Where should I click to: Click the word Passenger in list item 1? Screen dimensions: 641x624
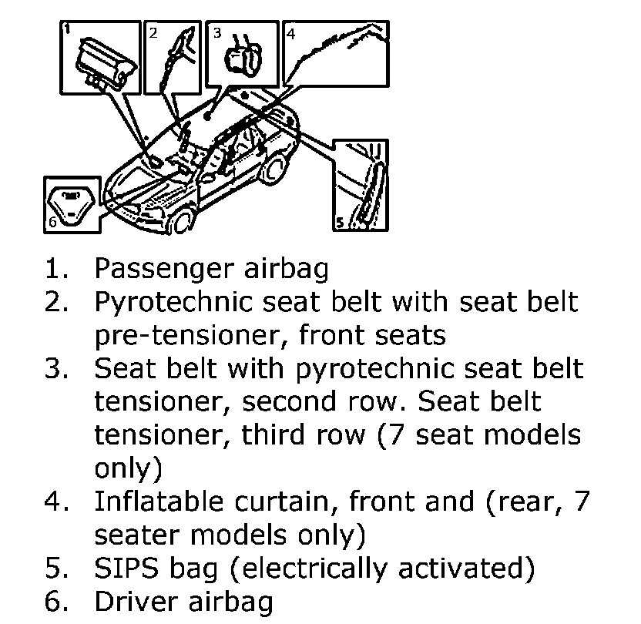click(x=164, y=270)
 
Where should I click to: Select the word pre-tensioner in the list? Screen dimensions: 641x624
click(x=192, y=337)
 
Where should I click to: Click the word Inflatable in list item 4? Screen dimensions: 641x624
click(x=159, y=501)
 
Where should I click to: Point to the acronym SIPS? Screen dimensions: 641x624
click(x=126, y=568)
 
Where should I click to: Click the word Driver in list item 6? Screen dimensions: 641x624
click(x=136, y=601)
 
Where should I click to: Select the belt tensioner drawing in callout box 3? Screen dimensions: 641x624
click(x=243, y=56)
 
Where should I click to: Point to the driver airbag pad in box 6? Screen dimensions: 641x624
click(x=71, y=206)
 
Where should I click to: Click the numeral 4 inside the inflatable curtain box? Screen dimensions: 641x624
click(x=290, y=33)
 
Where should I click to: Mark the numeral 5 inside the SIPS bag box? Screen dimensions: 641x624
click(x=340, y=223)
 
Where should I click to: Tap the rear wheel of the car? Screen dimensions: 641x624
click(x=273, y=170)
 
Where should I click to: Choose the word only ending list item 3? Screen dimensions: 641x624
click(x=128, y=468)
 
